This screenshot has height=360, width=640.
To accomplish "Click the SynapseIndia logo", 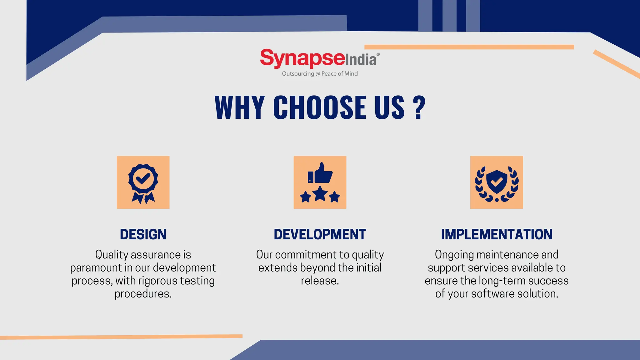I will pos(319,59).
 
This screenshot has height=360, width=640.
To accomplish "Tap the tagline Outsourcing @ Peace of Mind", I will pos(320,74).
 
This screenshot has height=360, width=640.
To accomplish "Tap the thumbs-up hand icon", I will pos(320,173).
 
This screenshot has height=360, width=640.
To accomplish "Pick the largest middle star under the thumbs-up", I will pos(320,194).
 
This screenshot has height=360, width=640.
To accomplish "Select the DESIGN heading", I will pos(143,234).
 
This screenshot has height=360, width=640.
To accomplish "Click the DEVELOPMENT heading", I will pos(320,234).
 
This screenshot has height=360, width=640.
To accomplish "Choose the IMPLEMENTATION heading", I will pos(497,234).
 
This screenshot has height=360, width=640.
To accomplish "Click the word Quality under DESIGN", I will pos(112,255).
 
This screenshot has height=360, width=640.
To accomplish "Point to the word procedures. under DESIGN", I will pos(143,294).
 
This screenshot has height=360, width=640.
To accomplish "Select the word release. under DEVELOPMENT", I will pos(320,281).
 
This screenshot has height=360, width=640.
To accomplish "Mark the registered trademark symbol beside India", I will pos(378,54).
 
